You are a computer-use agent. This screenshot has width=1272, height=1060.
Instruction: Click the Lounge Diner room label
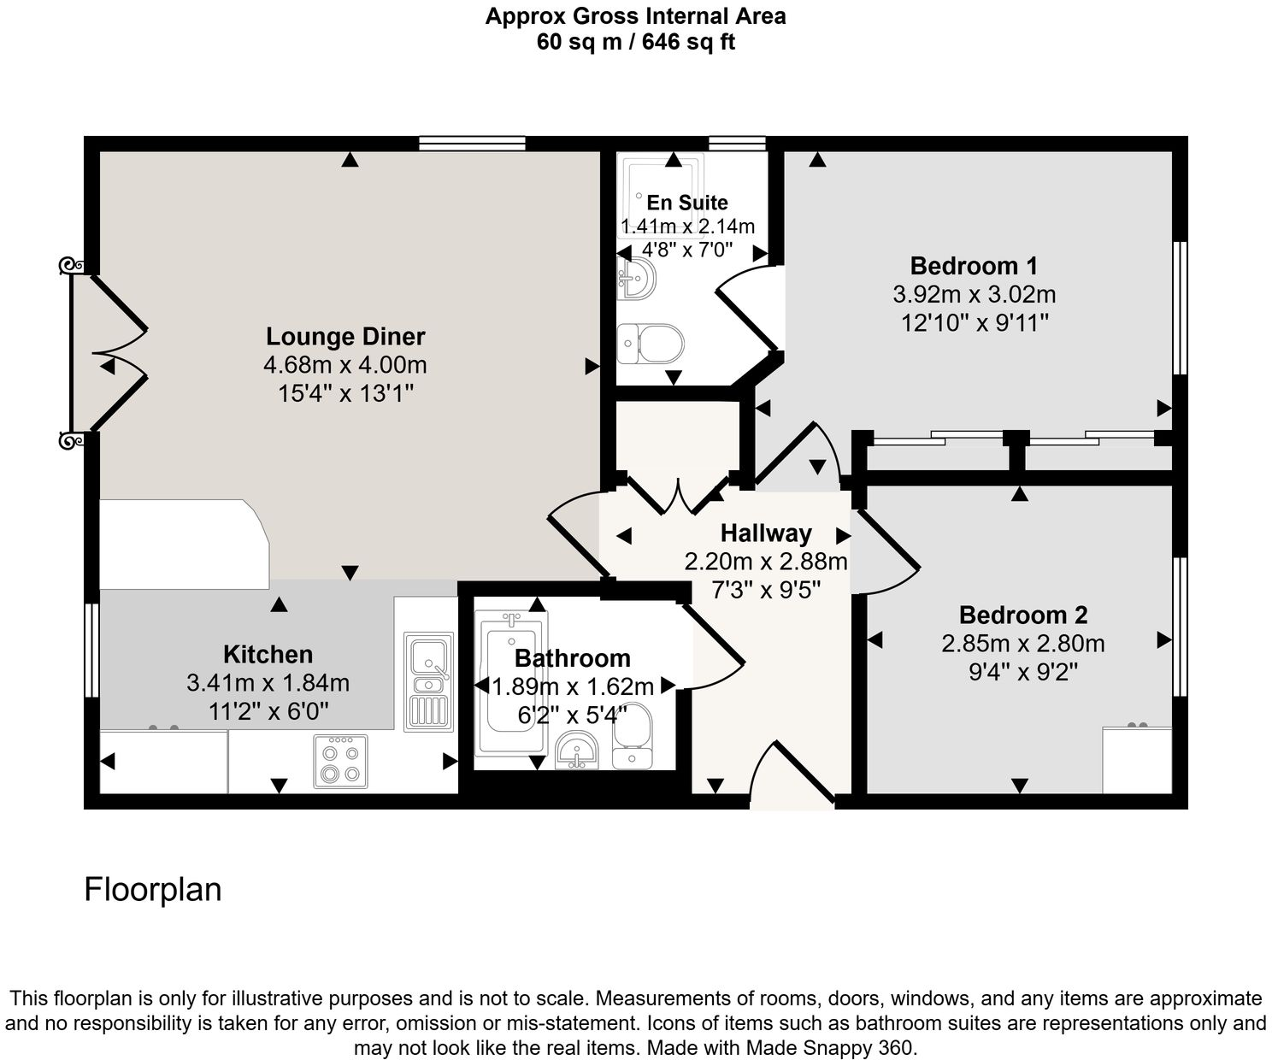pyautogui.click(x=345, y=336)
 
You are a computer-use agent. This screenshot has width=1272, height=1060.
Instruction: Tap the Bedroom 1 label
pyautogui.click(x=974, y=266)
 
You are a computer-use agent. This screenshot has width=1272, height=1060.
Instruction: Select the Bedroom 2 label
pyautogui.click(x=1022, y=615)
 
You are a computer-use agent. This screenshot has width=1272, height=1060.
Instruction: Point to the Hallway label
pyautogui.click(x=766, y=533)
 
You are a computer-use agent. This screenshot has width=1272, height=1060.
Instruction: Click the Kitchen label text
pyautogui.click(x=268, y=655)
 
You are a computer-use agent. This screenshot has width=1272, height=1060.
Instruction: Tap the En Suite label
pyautogui.click(x=687, y=203)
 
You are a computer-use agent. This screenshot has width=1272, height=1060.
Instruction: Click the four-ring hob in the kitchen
pyautogui.click(x=339, y=761)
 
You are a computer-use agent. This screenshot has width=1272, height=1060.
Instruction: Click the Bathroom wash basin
pyautogui.click(x=579, y=751)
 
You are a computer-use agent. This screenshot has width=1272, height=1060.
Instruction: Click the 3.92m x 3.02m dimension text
pyautogui.click(x=974, y=295)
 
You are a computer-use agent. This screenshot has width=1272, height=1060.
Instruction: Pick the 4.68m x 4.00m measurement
pyautogui.click(x=345, y=365)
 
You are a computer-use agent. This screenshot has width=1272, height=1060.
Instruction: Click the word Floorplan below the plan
pyautogui.click(x=153, y=890)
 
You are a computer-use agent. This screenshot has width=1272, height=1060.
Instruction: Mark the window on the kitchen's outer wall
pyautogui.click(x=91, y=651)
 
